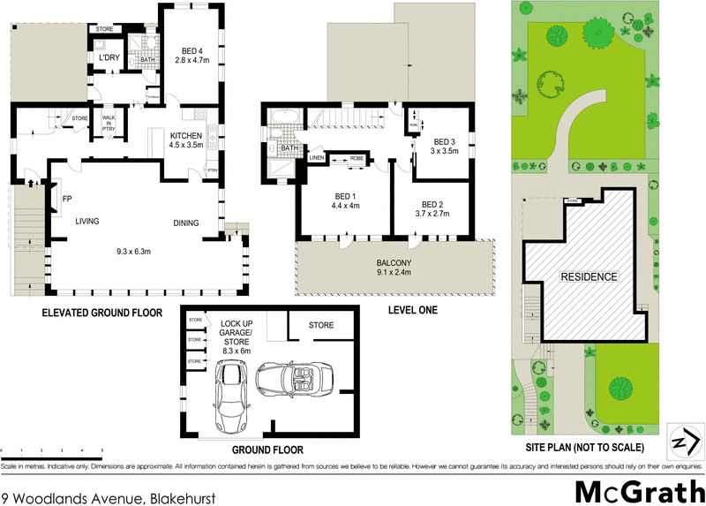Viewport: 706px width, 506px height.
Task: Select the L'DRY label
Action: click(109, 58)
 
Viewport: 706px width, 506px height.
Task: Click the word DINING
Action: click(192, 223)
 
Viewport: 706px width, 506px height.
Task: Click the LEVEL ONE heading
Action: click(413, 311)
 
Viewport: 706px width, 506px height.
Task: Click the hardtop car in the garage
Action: click(231, 397)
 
